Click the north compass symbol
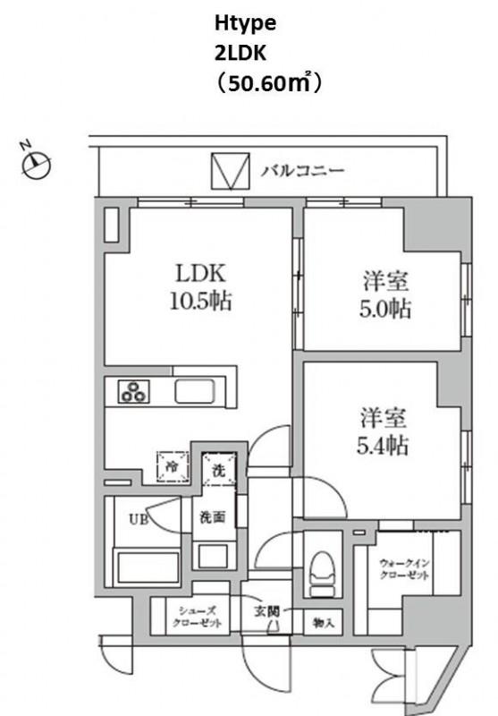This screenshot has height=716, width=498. click(x=36, y=164)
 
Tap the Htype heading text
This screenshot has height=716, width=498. click(x=245, y=24)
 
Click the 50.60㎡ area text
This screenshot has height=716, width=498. click(x=269, y=83)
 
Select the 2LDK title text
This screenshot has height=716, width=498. click(x=241, y=54)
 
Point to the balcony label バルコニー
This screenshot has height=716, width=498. click(x=303, y=171)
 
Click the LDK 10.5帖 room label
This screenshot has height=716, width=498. click(x=201, y=287)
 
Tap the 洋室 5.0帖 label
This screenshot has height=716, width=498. click(x=386, y=295)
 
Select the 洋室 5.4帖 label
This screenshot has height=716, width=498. click(x=383, y=432)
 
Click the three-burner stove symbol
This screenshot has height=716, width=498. click(x=134, y=392)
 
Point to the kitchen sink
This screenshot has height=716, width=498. click(x=195, y=391)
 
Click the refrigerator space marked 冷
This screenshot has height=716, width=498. click(x=173, y=466)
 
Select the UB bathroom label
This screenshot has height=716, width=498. click(x=139, y=519)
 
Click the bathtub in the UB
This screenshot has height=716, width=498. click(x=148, y=567)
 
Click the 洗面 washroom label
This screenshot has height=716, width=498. click(x=213, y=517)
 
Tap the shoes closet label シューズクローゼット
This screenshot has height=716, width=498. click(x=198, y=617)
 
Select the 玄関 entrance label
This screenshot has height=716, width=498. click(x=266, y=611)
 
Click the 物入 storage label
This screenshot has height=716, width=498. click(x=324, y=622)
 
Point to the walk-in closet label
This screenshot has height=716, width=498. click(x=403, y=569)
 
